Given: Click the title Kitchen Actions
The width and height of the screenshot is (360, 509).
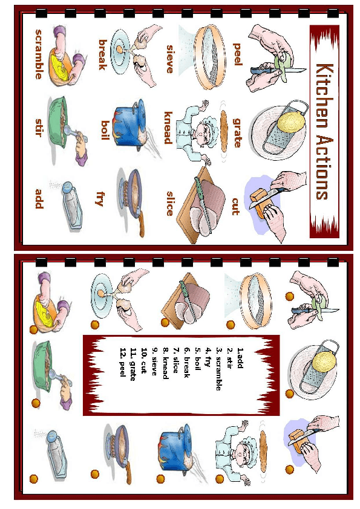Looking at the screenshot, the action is point(324,131).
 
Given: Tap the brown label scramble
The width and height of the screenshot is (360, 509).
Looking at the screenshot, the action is point(39,54).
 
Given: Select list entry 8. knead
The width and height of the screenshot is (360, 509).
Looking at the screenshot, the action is point(165,363).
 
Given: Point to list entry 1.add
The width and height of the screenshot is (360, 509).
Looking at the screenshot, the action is point(240,358).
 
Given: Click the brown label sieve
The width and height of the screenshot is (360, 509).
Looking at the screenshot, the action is point(169,59).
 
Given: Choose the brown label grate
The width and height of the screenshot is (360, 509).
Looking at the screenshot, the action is point(238,133).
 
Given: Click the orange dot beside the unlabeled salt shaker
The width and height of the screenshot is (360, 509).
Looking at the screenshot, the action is point(34,479).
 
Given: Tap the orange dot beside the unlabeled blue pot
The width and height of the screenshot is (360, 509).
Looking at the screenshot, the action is point(161,479).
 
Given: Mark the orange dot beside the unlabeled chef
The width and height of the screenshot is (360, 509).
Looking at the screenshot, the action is point(220,479).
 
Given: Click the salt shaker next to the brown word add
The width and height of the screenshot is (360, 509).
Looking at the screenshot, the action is point(69,206).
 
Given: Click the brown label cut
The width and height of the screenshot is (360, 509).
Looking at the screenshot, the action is point(236,207).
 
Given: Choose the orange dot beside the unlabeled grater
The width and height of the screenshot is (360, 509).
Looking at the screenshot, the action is point(289,394).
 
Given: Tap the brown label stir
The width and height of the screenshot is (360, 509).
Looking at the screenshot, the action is point(39,128).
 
